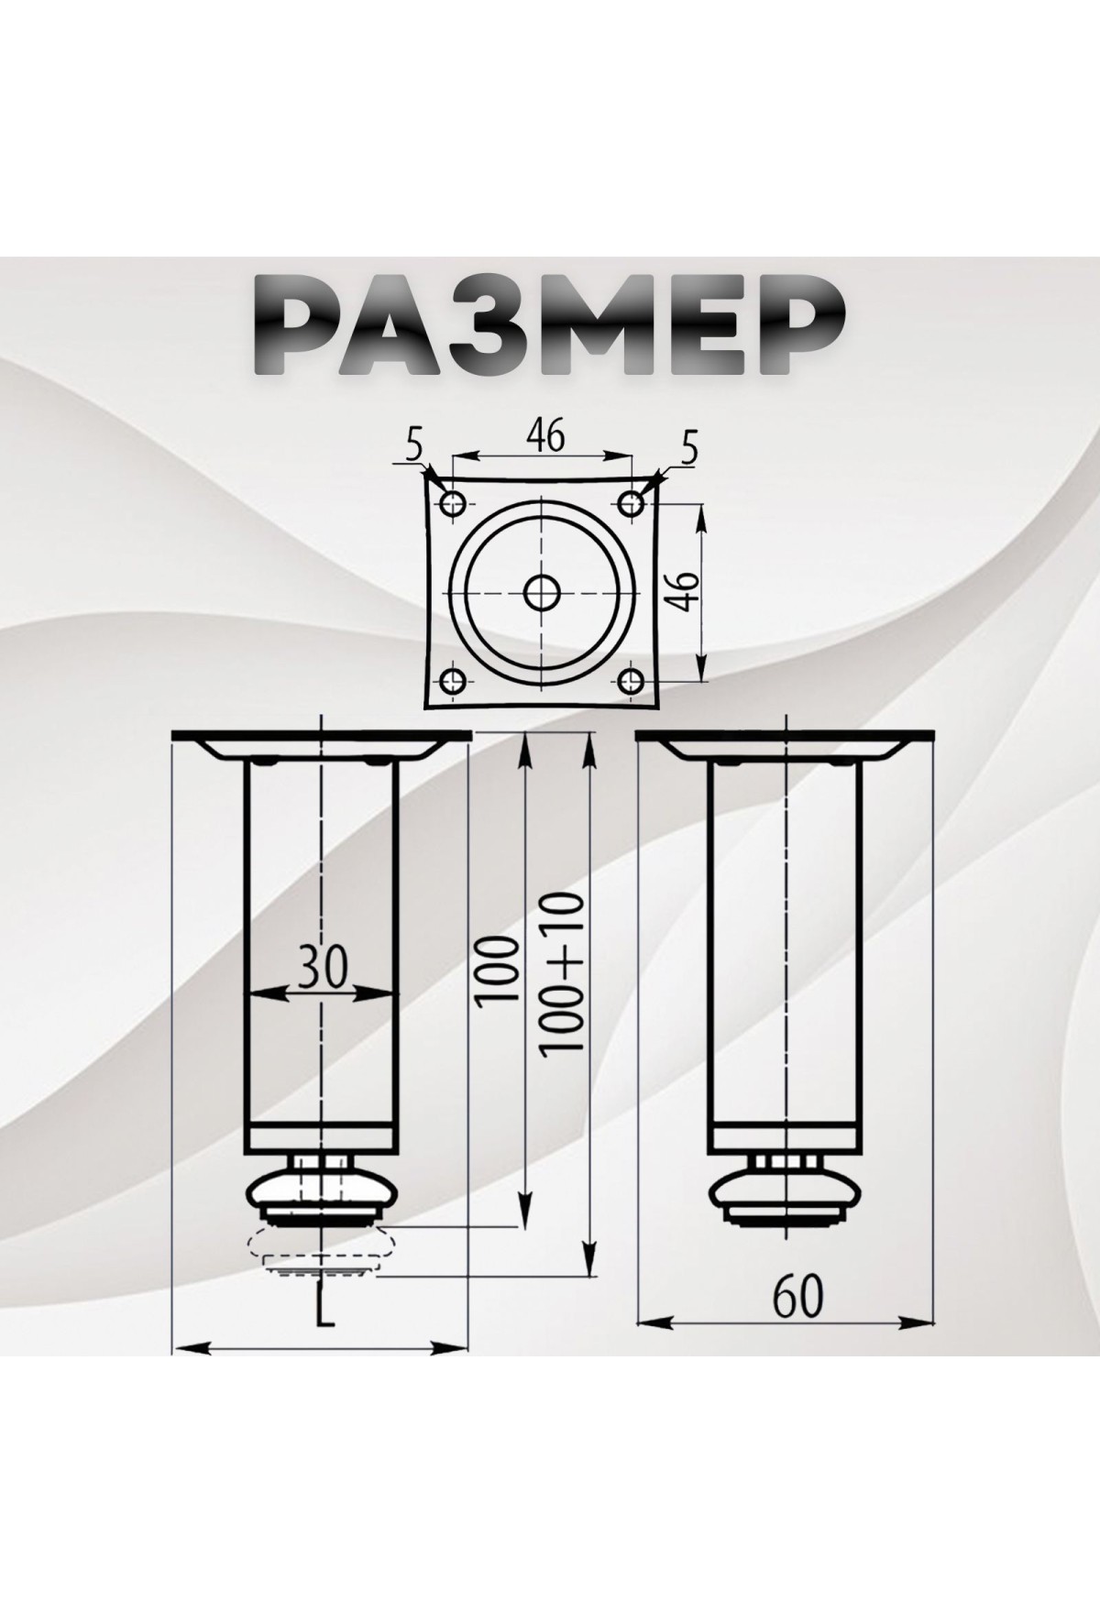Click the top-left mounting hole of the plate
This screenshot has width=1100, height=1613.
click(453, 502)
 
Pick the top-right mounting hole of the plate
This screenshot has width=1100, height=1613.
click(631, 502)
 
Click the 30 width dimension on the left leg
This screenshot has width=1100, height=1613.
click(322, 968)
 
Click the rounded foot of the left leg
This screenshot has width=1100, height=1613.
click(321, 1192)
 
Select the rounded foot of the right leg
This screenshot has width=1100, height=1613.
click(786, 1192)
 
